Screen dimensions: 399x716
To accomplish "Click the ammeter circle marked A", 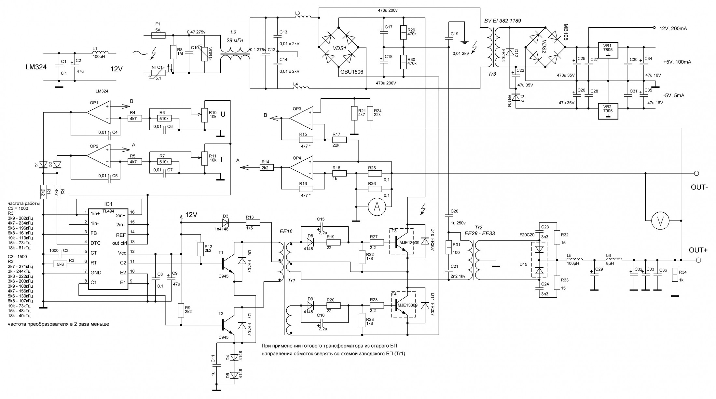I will [377, 207].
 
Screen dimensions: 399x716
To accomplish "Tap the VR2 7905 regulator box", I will [608, 111].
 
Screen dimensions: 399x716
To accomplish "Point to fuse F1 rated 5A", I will [158, 35].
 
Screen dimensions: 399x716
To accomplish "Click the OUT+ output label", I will [698, 250].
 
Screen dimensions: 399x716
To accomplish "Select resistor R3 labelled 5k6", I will [61, 264].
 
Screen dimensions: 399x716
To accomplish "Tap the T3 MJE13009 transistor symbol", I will [401, 241].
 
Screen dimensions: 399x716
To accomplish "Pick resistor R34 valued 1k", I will [675, 275].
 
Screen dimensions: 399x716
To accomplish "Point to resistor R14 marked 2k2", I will [265, 167].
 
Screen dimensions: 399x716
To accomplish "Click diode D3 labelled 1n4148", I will [226, 223].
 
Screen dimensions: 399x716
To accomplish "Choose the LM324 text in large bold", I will [36, 67].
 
